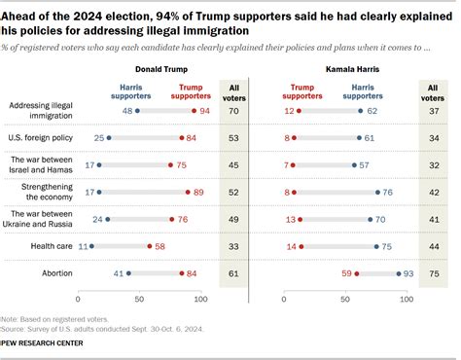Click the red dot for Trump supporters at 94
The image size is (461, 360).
[194, 112]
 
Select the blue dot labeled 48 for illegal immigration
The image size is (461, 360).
[137, 112]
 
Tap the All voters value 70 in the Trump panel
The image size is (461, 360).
[233, 112]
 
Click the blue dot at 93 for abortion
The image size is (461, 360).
[399, 274]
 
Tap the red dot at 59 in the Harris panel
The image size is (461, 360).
[357, 274]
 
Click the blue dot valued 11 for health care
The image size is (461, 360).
[92, 247]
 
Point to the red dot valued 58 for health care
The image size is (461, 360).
[150, 247]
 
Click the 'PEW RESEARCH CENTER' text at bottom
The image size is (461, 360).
[42, 343]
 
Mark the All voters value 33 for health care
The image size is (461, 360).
[233, 247]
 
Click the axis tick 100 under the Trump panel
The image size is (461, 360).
[200, 298]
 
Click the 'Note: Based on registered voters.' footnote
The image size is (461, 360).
[45, 319]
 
